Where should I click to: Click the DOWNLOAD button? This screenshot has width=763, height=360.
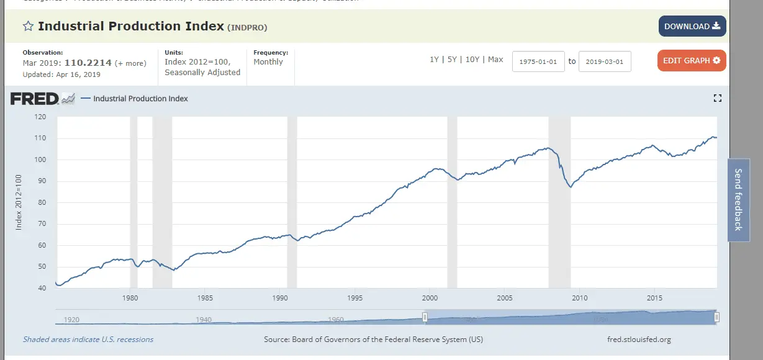point(692,26)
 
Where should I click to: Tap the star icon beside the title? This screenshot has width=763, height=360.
point(28,26)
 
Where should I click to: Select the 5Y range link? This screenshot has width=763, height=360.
point(452,60)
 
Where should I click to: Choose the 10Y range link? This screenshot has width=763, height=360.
point(472,60)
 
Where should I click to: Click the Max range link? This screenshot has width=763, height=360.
point(495,60)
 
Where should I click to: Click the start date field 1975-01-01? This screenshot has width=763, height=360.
point(538,61)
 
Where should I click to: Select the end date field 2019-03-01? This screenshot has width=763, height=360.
point(605,61)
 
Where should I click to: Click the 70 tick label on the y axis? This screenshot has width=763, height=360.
point(42,224)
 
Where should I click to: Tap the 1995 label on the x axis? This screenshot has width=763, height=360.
point(354,298)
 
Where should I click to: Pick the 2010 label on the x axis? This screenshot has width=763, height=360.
point(579,298)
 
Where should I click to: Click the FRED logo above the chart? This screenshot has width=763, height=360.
point(42,98)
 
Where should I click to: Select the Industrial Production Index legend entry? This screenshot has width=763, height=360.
point(140,99)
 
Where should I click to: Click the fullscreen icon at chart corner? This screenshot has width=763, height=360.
point(718,98)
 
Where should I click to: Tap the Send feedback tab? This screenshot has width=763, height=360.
point(738,199)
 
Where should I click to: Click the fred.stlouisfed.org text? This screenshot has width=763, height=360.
point(639,340)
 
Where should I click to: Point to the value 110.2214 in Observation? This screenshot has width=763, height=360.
point(93,63)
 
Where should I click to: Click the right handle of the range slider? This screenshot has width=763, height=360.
point(716,317)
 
